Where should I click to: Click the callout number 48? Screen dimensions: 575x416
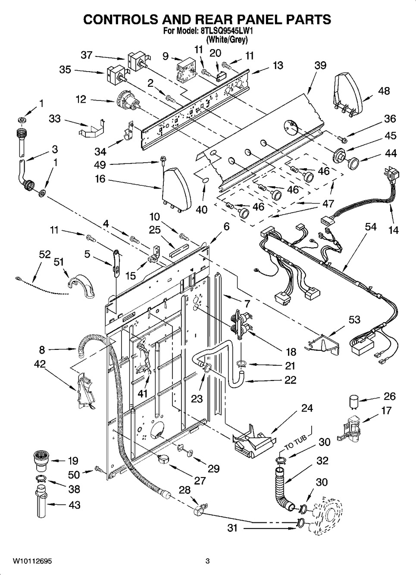click(x=384, y=91)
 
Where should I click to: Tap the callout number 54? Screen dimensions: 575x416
click(x=371, y=227)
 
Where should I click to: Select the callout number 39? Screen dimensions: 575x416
click(x=320, y=66)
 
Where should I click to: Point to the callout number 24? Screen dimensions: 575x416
click(x=307, y=408)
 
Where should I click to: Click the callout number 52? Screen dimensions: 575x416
click(x=45, y=255)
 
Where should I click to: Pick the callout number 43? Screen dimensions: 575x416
click(x=74, y=504)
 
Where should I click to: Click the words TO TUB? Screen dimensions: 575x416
click(x=296, y=442)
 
